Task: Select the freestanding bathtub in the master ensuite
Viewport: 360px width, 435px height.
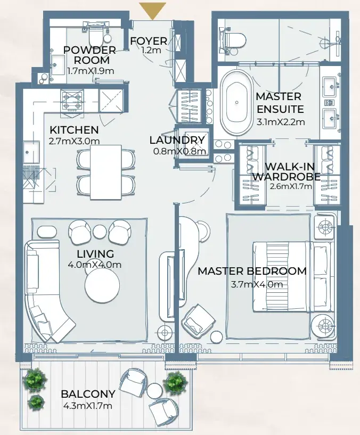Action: tap(237, 102)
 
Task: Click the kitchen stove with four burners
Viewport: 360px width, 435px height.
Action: tap(72, 101)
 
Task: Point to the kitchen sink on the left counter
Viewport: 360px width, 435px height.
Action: tap(31, 152)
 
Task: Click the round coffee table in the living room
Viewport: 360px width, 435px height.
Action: tap(102, 285)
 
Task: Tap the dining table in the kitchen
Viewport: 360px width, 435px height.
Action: tap(106, 173)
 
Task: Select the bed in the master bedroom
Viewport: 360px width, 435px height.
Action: tap(291, 277)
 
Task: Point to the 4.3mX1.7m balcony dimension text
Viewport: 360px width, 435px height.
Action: tap(88, 406)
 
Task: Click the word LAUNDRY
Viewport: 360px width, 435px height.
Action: tap(177, 140)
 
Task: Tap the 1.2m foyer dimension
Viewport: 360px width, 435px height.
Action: tap(151, 51)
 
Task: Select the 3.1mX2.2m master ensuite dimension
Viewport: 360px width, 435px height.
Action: tap(281, 122)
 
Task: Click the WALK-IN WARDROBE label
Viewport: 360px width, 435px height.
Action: tap(287, 171)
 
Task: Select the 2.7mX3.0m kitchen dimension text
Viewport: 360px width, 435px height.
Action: tap(74, 141)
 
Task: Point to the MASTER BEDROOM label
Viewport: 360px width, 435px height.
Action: tap(252, 271)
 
